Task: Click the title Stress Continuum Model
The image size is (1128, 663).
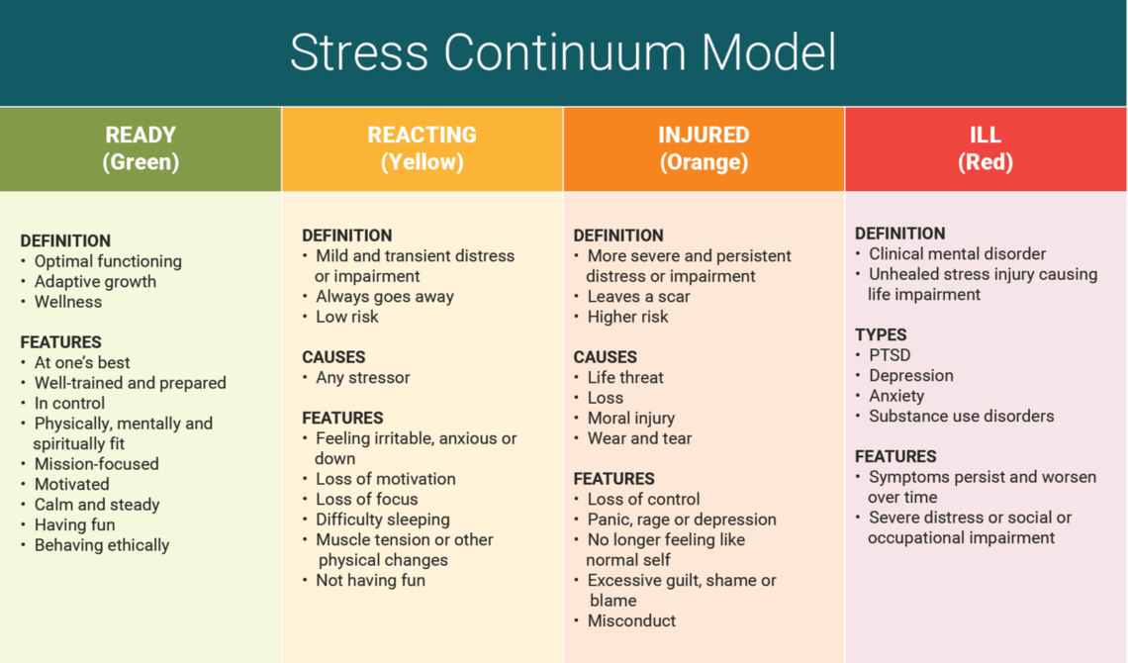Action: [563, 51]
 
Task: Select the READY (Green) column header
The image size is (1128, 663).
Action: [141, 148]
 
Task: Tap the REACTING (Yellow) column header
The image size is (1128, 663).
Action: [423, 148]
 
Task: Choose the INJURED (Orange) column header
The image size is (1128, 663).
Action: [704, 148]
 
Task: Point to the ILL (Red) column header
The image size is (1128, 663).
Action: [986, 148]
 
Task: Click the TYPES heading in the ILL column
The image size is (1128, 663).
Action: [881, 335]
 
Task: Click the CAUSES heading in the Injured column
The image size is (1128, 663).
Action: [605, 357]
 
